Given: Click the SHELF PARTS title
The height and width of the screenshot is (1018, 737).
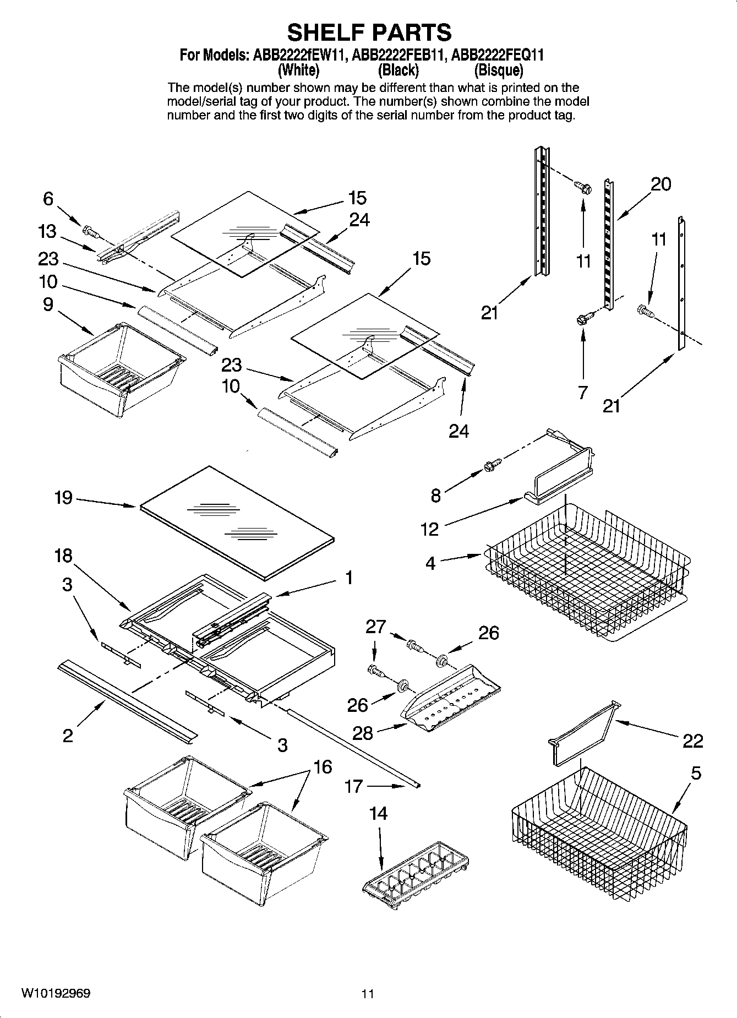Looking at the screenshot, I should (369, 32).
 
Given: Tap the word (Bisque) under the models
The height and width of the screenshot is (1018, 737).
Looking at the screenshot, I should (498, 70).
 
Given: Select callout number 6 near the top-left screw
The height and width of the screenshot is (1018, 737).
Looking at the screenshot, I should (48, 199).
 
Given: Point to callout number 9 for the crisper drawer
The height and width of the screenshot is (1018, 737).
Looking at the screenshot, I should (48, 304).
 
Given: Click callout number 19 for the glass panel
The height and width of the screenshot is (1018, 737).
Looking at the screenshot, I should (63, 498).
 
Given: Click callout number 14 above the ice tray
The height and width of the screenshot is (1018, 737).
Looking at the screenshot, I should (379, 813).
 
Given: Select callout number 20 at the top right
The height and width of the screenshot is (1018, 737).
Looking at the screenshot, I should (661, 184).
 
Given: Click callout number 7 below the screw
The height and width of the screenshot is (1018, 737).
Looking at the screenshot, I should (583, 393).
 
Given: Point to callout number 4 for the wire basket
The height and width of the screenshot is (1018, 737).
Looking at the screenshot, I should (430, 563).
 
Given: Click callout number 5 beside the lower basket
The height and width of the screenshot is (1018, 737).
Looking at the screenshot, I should (696, 773).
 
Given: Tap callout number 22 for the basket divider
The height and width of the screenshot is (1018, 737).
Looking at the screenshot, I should (692, 741).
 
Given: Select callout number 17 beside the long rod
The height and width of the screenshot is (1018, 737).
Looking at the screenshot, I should (353, 786).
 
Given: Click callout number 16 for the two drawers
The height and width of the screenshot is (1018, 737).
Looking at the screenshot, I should (323, 766).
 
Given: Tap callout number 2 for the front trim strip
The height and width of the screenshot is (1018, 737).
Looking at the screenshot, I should (68, 736).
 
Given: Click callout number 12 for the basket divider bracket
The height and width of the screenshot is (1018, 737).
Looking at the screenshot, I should (429, 529).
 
